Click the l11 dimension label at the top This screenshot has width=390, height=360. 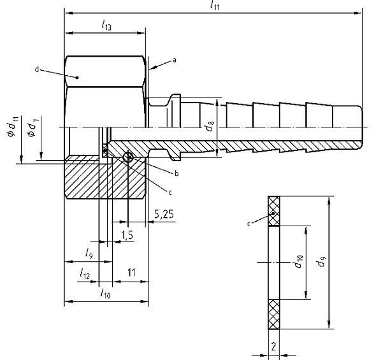(212, 5)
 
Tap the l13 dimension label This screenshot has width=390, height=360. (106, 25)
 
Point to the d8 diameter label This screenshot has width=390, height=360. (210, 126)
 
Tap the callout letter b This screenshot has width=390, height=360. (177, 173)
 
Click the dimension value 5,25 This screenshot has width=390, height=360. (164, 215)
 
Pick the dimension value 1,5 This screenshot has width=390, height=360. (127, 235)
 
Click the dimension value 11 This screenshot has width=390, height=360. (131, 273)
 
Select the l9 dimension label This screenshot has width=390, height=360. (90, 253)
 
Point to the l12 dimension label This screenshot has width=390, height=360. (85, 273)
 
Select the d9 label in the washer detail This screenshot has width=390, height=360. (337, 262)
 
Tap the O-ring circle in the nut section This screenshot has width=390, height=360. (128, 157)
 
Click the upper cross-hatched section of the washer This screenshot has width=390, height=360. (274, 211)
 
